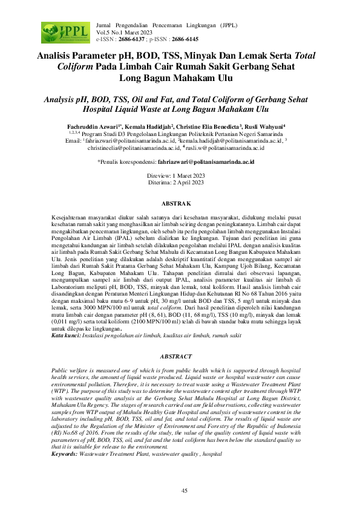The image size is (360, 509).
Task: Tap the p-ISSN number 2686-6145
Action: [184, 39]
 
